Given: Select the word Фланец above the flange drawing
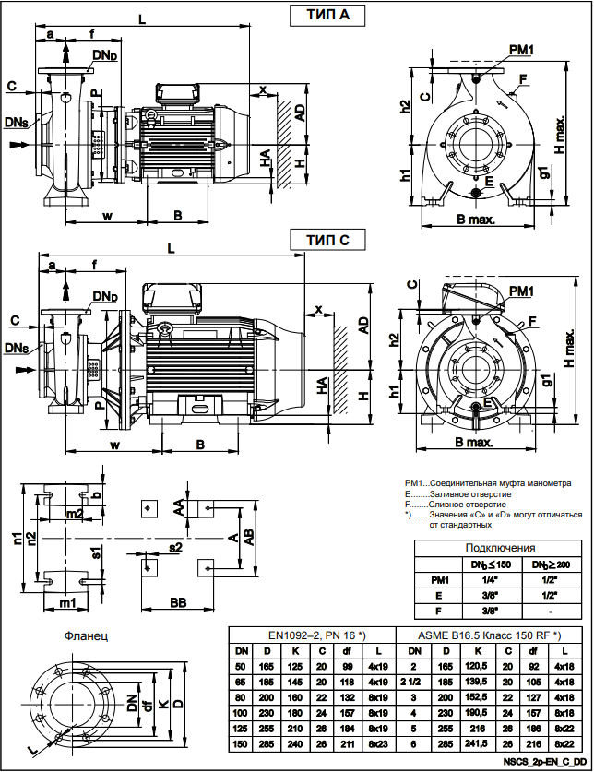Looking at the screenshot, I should (x=88, y=635).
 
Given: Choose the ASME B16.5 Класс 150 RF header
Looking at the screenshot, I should (x=489, y=635).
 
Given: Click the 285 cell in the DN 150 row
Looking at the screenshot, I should (x=267, y=744).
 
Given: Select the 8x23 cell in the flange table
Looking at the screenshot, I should (x=378, y=744).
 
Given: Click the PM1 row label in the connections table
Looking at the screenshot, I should (x=440, y=579).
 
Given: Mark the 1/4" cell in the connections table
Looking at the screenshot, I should (x=491, y=579).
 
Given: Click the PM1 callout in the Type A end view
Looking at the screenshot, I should (x=521, y=48).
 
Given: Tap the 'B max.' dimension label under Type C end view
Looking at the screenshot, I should (x=475, y=442).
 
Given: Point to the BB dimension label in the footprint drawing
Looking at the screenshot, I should (x=181, y=602).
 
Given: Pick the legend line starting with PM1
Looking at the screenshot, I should (x=486, y=482).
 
